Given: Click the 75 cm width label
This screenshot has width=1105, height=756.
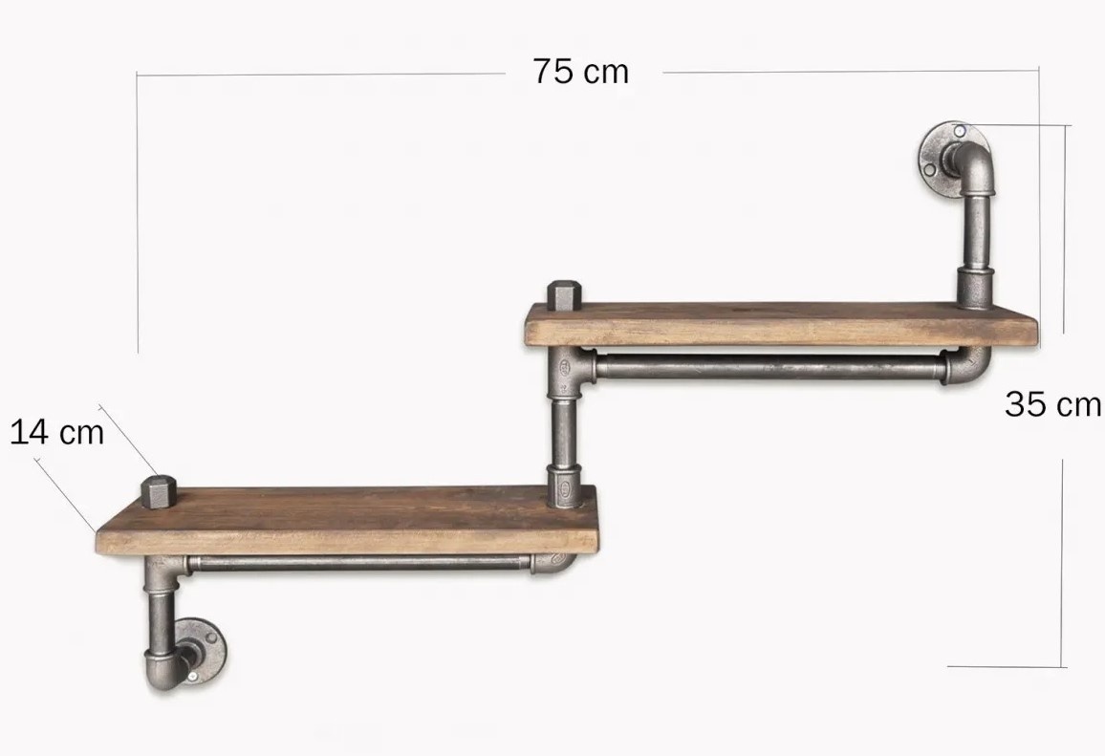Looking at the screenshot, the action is [580, 72].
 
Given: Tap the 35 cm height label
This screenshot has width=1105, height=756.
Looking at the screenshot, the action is [1052, 405].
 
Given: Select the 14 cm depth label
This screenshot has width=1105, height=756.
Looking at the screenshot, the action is [57, 432].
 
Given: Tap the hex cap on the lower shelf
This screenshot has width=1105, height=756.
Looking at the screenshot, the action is [159, 492].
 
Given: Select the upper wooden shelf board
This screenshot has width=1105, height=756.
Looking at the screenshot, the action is [782, 324].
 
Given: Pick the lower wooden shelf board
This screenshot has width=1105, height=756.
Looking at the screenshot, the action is [347, 520].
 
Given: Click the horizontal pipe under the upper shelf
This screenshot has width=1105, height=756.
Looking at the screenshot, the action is [769, 367].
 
